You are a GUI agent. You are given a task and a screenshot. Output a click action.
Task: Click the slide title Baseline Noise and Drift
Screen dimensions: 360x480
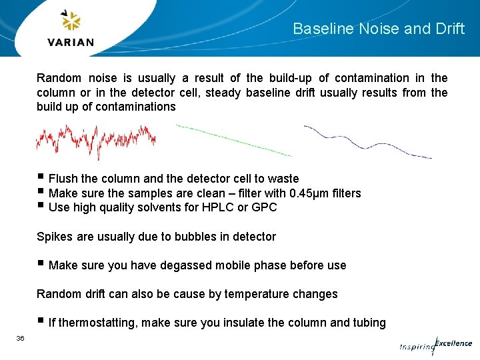point(379,29)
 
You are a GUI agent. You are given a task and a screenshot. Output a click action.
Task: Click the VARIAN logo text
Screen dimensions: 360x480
point(71,42)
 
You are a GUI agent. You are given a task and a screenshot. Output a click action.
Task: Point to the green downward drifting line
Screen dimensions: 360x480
point(233,140)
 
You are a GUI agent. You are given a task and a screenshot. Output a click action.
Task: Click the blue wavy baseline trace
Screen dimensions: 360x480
point(367,141)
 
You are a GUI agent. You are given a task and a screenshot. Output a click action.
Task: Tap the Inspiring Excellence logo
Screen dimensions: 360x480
point(436,345)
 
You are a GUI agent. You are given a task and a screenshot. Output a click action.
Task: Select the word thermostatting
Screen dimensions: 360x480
point(93,323)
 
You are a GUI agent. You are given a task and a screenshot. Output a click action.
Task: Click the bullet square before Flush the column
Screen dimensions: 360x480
point(41,177)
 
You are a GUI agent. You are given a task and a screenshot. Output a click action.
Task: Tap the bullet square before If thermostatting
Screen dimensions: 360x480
point(41,321)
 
